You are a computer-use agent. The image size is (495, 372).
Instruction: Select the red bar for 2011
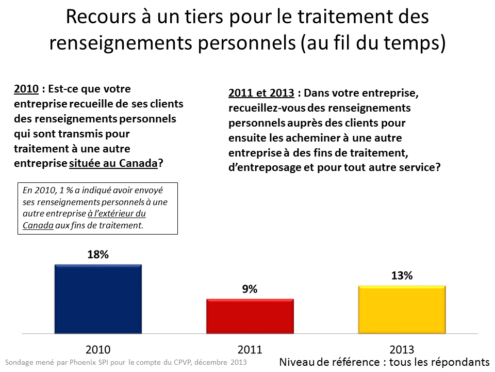(x=250, y=316)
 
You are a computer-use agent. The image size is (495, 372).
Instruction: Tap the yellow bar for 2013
(x=402, y=309)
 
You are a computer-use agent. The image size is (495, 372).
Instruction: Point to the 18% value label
(x=98, y=255)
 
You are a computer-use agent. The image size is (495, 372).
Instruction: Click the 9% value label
(x=250, y=289)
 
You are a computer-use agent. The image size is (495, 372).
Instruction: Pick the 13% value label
(x=402, y=276)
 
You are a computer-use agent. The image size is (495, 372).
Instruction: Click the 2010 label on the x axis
(x=98, y=349)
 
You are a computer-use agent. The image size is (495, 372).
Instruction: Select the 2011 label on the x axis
(x=250, y=349)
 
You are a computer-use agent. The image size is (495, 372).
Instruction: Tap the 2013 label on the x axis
(x=402, y=349)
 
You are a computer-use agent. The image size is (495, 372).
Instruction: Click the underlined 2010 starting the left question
(x=26, y=89)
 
